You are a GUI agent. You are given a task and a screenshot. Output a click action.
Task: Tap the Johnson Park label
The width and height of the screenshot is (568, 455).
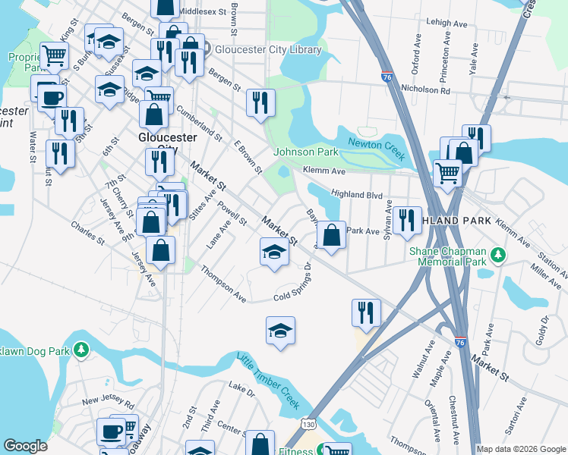tap(305, 152)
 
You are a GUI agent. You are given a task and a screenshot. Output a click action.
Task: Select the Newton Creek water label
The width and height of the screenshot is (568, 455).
tap(374, 144)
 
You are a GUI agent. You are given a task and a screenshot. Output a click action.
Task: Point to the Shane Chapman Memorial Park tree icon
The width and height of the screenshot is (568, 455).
tap(497, 254)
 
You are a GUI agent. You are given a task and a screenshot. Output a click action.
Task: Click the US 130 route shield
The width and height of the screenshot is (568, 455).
tap(305, 419)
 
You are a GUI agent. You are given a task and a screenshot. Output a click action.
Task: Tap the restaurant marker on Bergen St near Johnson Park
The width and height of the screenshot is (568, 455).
tap(260, 102)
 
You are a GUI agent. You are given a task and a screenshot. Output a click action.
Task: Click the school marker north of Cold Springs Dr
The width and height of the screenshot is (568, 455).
tap(275, 252)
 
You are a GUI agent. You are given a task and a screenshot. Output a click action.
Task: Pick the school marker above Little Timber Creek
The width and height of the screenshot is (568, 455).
tap(280, 330)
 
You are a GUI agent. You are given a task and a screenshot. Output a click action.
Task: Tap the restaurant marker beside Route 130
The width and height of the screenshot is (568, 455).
tap(366, 312)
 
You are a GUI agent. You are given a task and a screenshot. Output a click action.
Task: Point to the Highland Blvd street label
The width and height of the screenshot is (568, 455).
tap(357, 196)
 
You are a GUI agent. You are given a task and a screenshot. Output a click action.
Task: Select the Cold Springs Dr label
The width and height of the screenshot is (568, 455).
tap(293, 284)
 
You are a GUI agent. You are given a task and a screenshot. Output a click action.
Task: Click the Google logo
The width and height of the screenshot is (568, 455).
tap(25, 445)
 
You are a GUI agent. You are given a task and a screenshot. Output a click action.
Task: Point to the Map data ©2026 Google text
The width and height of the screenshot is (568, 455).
tap(520, 449)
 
